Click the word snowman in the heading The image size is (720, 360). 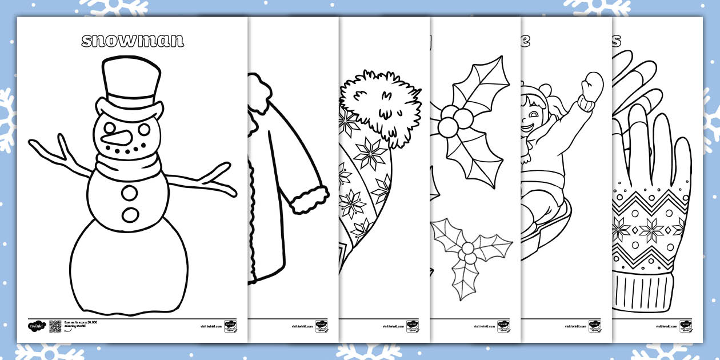pos(133,41)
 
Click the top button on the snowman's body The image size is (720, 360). pos(131,193)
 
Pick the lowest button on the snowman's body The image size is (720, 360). pos(131,215)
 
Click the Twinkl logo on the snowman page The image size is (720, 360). pos(35,326)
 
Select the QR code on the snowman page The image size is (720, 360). pos(55,326)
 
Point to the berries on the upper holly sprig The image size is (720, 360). pos(455,119)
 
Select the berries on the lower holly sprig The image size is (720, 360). pos(469,251)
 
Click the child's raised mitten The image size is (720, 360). pos(592,86)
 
